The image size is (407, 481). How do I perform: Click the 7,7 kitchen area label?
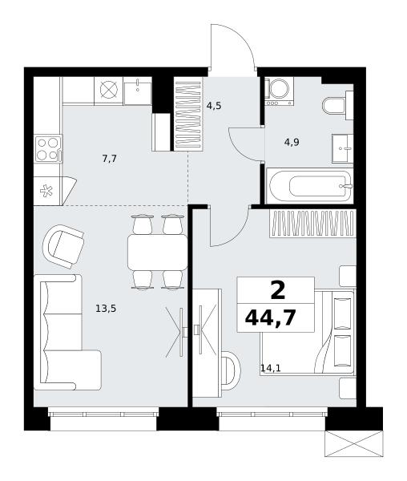pyautogui.click(x=110, y=159)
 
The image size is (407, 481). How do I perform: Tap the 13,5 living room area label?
pyautogui.click(x=106, y=309)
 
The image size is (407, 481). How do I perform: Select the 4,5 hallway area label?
pyautogui.click(x=214, y=106)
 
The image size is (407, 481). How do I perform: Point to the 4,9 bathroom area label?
pyautogui.click(x=292, y=143)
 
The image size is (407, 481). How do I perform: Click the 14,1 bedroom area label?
pyautogui.click(x=271, y=368)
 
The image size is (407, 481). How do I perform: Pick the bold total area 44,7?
pyautogui.click(x=270, y=317)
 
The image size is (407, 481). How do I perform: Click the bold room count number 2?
pyautogui.click(x=278, y=291)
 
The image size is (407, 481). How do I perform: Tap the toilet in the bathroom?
pyautogui.click(x=338, y=105)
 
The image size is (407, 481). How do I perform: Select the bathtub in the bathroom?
pyautogui.click(x=310, y=186)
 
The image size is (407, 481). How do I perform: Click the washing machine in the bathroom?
pyautogui.click(x=279, y=91)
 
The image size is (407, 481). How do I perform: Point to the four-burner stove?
pyautogui.click(x=48, y=149)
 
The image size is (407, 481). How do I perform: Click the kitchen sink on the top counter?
pyautogui.click(x=138, y=91)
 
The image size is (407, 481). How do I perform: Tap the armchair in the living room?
pyautogui.click(x=63, y=246)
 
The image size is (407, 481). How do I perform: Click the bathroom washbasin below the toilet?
pyautogui.click(x=342, y=148)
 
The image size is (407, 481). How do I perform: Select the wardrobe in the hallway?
pyautogui.click(x=188, y=114)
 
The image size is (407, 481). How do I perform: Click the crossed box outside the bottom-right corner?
pyautogui.click(x=354, y=444)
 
